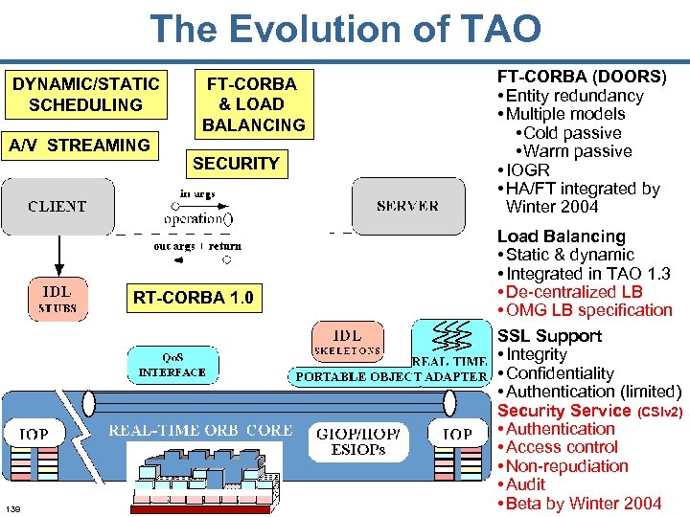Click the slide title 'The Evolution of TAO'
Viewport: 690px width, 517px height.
345,29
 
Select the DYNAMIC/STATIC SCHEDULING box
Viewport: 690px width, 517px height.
85,94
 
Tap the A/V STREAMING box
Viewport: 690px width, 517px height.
79,146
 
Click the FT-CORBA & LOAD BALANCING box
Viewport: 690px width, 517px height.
253,103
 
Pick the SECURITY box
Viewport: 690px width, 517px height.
236,164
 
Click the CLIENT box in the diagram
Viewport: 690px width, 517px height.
57,206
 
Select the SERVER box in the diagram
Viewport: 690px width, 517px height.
407,206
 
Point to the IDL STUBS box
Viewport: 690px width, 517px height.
57,299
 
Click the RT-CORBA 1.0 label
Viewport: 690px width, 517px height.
193,298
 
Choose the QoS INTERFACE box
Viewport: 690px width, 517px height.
172,365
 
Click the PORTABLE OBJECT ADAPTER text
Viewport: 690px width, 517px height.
391,376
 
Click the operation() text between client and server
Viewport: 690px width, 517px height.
197,217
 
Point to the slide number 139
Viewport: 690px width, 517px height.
12,506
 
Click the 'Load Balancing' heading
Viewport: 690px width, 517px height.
561,236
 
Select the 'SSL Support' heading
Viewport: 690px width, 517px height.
549,336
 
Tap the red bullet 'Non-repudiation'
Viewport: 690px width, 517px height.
567,466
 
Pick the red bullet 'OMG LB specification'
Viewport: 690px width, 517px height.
588,310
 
